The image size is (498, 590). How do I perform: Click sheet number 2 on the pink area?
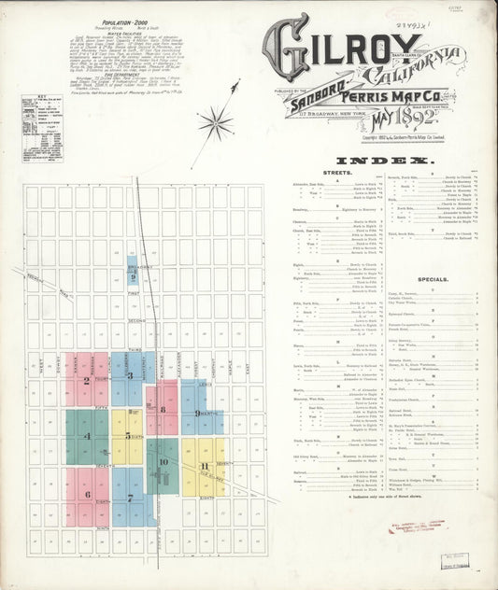tap(86, 380)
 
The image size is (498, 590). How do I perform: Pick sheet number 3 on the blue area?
tap(132, 376)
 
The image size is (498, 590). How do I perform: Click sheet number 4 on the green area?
tap(87, 435)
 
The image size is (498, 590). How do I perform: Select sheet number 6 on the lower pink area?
tap(87, 495)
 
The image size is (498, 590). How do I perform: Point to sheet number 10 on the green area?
tap(163, 461)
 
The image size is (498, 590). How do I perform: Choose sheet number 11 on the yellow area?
tap(204, 466)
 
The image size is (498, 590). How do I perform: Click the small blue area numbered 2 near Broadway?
tap(134, 276)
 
